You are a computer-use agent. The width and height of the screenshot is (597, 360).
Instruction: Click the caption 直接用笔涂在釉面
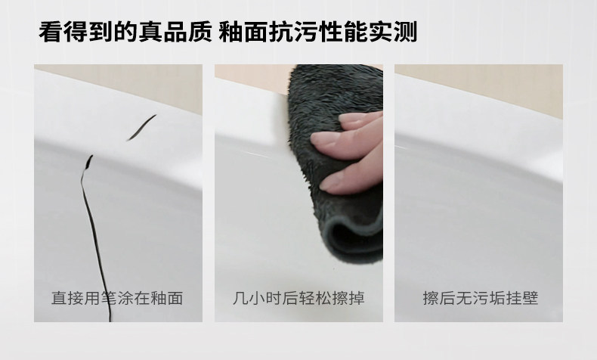[x=117, y=298]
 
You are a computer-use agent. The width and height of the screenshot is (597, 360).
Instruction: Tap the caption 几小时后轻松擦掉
[x=299, y=298]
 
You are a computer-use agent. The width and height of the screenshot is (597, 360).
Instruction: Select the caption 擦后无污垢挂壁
[x=481, y=298]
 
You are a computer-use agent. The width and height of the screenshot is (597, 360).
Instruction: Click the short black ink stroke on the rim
[x=141, y=127]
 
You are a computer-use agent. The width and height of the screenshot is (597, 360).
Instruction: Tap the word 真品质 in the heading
[x=175, y=31]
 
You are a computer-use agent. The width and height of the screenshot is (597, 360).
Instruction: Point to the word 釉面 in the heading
[x=243, y=31]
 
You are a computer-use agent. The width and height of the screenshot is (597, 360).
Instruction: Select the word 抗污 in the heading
[x=292, y=31]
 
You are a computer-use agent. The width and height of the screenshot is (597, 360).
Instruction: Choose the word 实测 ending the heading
[x=393, y=31]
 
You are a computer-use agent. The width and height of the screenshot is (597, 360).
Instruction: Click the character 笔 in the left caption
[x=109, y=298]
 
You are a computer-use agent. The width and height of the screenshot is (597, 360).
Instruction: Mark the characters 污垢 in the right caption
[x=481, y=298]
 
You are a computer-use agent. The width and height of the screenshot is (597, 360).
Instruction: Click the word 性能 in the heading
[x=342, y=31]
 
